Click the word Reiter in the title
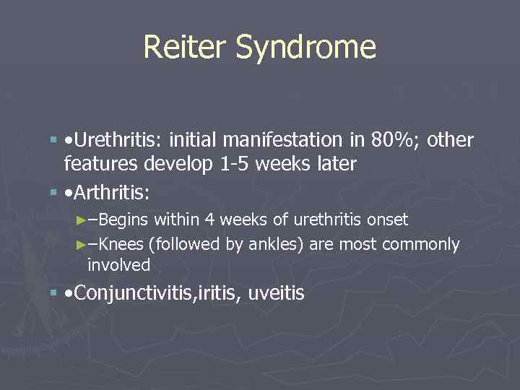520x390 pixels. click(185, 47)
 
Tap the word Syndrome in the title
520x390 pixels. click(306, 47)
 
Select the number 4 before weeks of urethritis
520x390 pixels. click(210, 220)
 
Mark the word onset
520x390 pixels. click(386, 220)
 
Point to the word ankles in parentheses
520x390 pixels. click(271, 245)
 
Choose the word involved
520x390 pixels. click(118, 265)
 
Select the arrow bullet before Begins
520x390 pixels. click(81, 220)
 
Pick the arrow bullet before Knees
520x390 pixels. click(81, 245)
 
